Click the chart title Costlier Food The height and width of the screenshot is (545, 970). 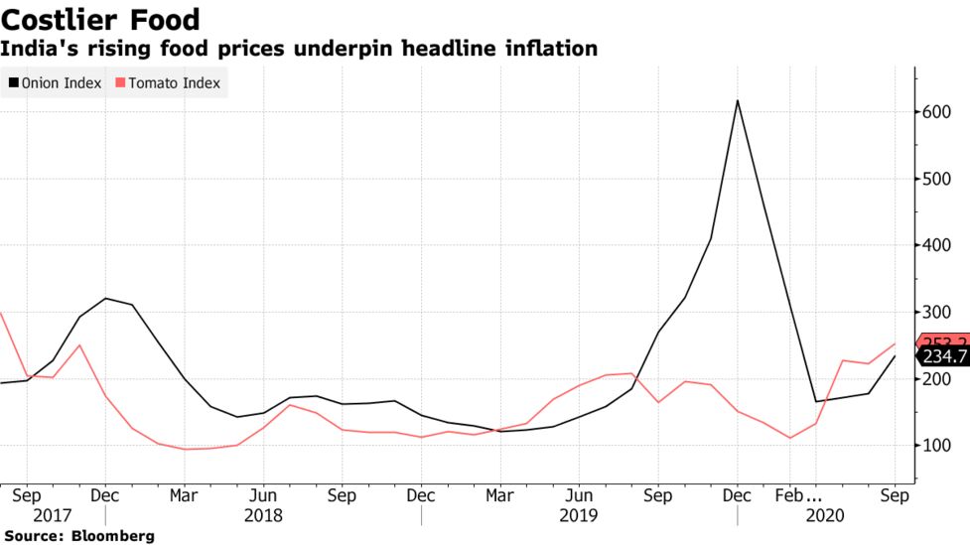click(x=100, y=19)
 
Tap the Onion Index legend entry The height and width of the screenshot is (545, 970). click(x=61, y=83)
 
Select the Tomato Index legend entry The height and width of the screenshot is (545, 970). click(x=173, y=83)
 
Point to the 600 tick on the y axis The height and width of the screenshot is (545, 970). click(x=939, y=112)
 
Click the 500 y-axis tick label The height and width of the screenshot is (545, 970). click(x=939, y=179)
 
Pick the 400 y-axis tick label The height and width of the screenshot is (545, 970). click(x=939, y=245)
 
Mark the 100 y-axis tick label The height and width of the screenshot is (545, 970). click(x=939, y=446)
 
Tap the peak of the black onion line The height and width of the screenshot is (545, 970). click(x=737, y=100)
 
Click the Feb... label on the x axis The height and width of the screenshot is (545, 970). click(x=800, y=493)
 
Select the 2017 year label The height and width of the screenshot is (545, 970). click(x=53, y=515)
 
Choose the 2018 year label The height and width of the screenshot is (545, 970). click(x=263, y=515)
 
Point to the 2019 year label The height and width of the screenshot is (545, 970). click(x=579, y=515)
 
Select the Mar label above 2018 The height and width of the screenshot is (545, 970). click(x=184, y=493)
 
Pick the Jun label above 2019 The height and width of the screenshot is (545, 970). click(x=579, y=493)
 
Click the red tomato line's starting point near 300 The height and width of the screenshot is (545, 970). click(x=1, y=313)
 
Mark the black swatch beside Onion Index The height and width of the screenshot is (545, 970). click(x=12, y=83)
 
